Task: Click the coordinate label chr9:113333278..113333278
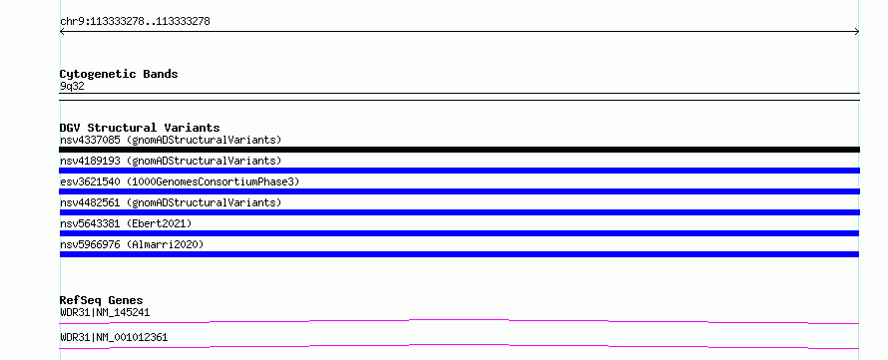click(x=135, y=22)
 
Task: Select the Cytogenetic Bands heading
click(x=119, y=74)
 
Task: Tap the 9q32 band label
click(x=72, y=87)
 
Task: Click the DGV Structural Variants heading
click(x=140, y=128)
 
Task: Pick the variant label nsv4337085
click(x=90, y=140)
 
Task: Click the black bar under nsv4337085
click(x=459, y=150)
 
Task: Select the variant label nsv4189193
click(x=90, y=161)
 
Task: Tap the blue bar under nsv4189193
click(x=459, y=171)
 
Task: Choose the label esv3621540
click(x=90, y=181)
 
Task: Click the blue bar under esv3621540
click(x=459, y=191)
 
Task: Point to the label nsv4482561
click(x=90, y=202)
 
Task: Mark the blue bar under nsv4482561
click(x=459, y=212)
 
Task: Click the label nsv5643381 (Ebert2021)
click(x=126, y=224)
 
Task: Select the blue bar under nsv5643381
click(x=459, y=233)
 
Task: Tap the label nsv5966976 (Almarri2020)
click(x=132, y=245)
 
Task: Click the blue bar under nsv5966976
click(x=459, y=254)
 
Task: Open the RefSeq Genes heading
click(x=101, y=300)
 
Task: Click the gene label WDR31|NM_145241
click(x=105, y=312)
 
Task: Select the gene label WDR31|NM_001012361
click(x=114, y=338)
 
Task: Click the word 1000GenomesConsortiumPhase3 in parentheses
click(x=213, y=182)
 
